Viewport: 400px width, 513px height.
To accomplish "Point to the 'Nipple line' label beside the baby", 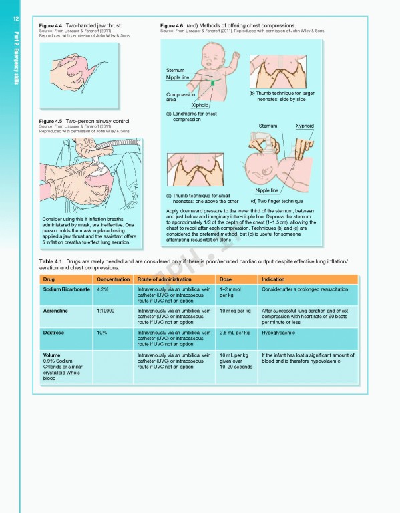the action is coord(178,78).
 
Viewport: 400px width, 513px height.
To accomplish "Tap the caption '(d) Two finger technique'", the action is coord(276,201).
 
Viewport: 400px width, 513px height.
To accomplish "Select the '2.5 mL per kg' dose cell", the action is coord(234,332).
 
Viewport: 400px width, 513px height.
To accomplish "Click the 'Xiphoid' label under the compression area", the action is coord(200,105).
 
